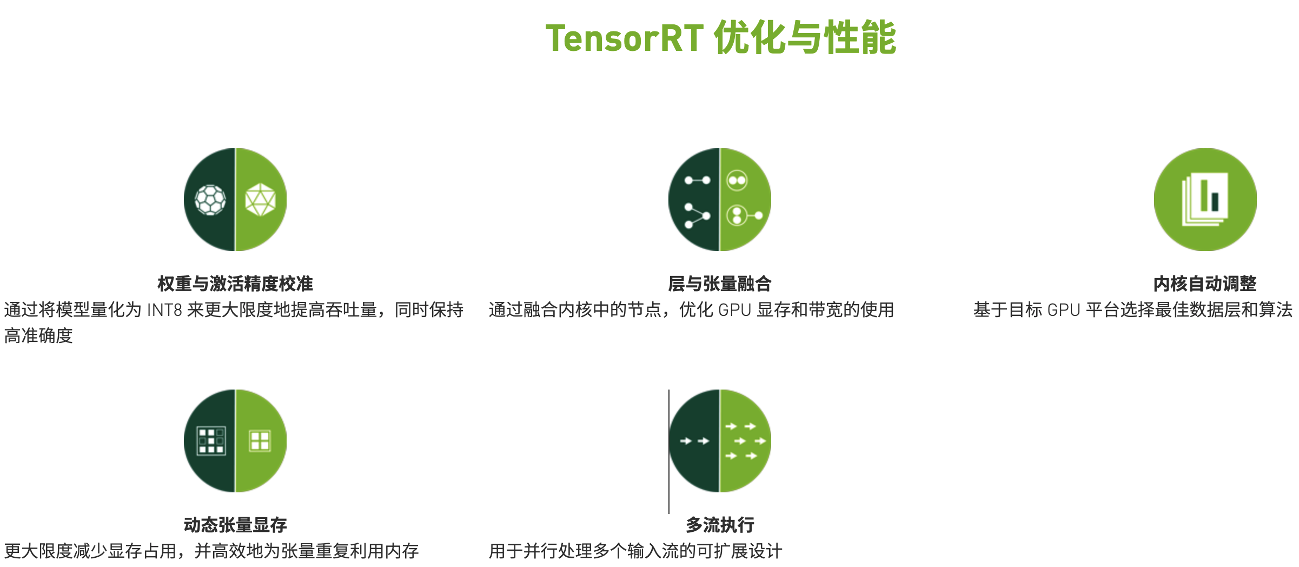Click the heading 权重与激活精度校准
[x=235, y=283]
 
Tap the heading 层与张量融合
[x=720, y=283]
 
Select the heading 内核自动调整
[x=1205, y=283]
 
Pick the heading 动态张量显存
[x=235, y=525]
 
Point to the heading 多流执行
[x=720, y=525]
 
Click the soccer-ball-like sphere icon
[x=210, y=200]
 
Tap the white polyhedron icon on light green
[x=260, y=200]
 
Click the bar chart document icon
[x=1205, y=199]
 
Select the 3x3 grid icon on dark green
[x=211, y=441]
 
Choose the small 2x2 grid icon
[x=260, y=441]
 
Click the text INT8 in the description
[x=164, y=310]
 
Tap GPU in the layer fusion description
[x=735, y=310]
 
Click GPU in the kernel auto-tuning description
[x=1064, y=310]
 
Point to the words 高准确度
[x=38, y=336]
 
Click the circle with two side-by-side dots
[x=737, y=181]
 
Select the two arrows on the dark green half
[x=694, y=441]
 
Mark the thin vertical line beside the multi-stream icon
[x=669, y=452]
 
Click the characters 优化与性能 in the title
[x=805, y=38]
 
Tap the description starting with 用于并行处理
[x=635, y=551]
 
